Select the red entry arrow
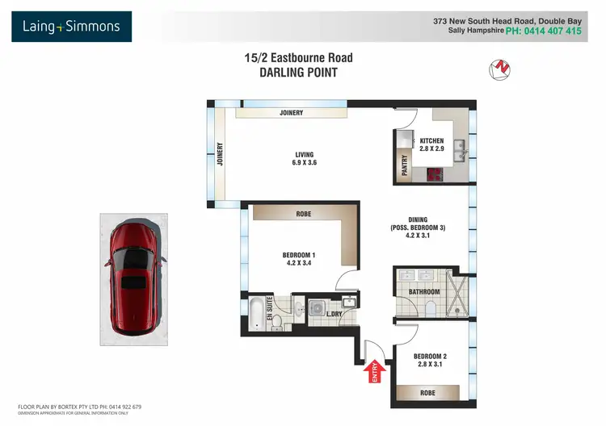[x=374, y=370]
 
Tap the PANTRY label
[x=405, y=165]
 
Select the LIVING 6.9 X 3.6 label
[x=304, y=159]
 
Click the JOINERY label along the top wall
[x=291, y=113]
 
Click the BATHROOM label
[x=423, y=292]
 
